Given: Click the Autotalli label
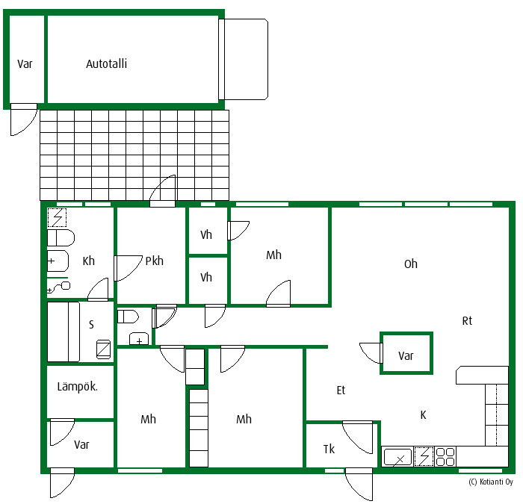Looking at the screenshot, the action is (x=106, y=63).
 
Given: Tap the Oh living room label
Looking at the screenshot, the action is (x=411, y=264).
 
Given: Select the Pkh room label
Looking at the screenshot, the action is (x=155, y=261).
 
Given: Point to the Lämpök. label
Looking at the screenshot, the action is (x=78, y=387).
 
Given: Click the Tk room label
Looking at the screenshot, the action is (x=329, y=449).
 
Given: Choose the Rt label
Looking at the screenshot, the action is (x=467, y=320).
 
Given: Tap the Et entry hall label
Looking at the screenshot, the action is (x=341, y=390).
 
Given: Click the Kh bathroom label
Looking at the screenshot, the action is (x=89, y=261).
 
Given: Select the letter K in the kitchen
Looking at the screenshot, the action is (x=424, y=415).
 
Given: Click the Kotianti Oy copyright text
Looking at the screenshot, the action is (x=491, y=482).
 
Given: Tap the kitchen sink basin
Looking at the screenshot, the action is (x=397, y=457).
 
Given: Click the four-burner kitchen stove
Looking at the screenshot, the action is (x=445, y=457).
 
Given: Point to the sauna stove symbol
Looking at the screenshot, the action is (x=103, y=349).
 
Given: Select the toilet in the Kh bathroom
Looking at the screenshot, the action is (x=61, y=238).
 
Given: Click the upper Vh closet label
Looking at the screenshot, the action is (x=206, y=234).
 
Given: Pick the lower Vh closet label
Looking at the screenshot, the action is (x=206, y=277).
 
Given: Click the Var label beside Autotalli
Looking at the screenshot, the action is (x=25, y=63).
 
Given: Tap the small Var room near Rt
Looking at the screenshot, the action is (x=406, y=353).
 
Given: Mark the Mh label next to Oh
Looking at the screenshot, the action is (x=274, y=255).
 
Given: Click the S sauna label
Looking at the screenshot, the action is (x=91, y=324).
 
